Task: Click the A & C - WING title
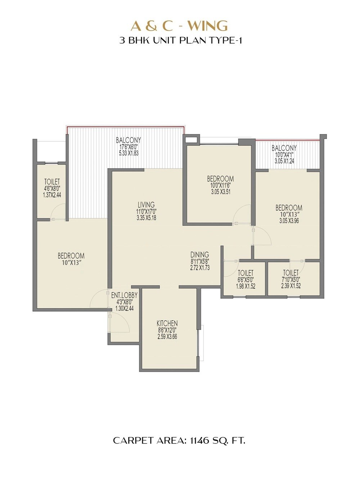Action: [179, 26]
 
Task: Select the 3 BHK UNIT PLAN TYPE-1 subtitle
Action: [180, 40]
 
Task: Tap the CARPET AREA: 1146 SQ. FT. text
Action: [179, 440]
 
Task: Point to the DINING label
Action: [200, 255]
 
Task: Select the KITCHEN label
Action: [167, 324]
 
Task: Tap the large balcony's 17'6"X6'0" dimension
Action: [128, 147]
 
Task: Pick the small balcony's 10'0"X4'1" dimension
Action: [284, 155]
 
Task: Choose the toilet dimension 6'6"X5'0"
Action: [246, 280]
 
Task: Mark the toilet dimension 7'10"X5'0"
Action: [291, 280]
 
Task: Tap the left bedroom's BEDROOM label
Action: [71, 256]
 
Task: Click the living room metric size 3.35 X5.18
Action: [146, 218]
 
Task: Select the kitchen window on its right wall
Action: [201, 343]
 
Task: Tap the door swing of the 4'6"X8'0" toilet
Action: [59, 211]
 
